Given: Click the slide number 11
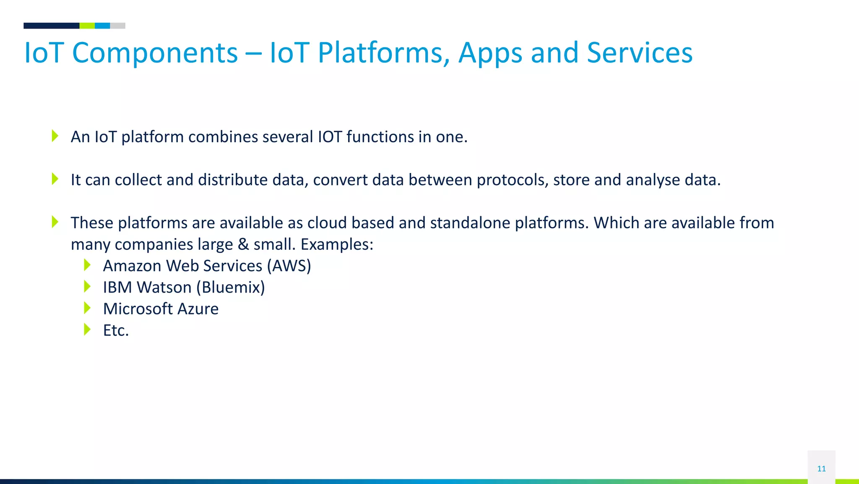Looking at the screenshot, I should (x=821, y=468).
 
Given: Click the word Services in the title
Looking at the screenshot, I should (x=639, y=53).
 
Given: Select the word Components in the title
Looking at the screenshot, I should (x=155, y=53).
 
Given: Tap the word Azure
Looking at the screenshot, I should (x=198, y=309).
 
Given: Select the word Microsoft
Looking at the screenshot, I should (x=138, y=309).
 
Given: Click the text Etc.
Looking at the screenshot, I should (x=116, y=330).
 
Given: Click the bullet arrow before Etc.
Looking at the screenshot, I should (x=87, y=329).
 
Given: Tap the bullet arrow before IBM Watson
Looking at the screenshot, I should (x=87, y=286).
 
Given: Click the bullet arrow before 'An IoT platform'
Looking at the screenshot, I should (x=55, y=136).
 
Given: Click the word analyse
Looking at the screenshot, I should (x=653, y=180).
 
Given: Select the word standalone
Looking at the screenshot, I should (x=470, y=223).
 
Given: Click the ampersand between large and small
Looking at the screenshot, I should (x=243, y=244).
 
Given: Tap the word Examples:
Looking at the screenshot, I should (x=337, y=244).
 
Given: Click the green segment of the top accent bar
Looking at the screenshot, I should (x=87, y=26).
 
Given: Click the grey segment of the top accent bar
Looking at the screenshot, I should (x=117, y=26).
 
